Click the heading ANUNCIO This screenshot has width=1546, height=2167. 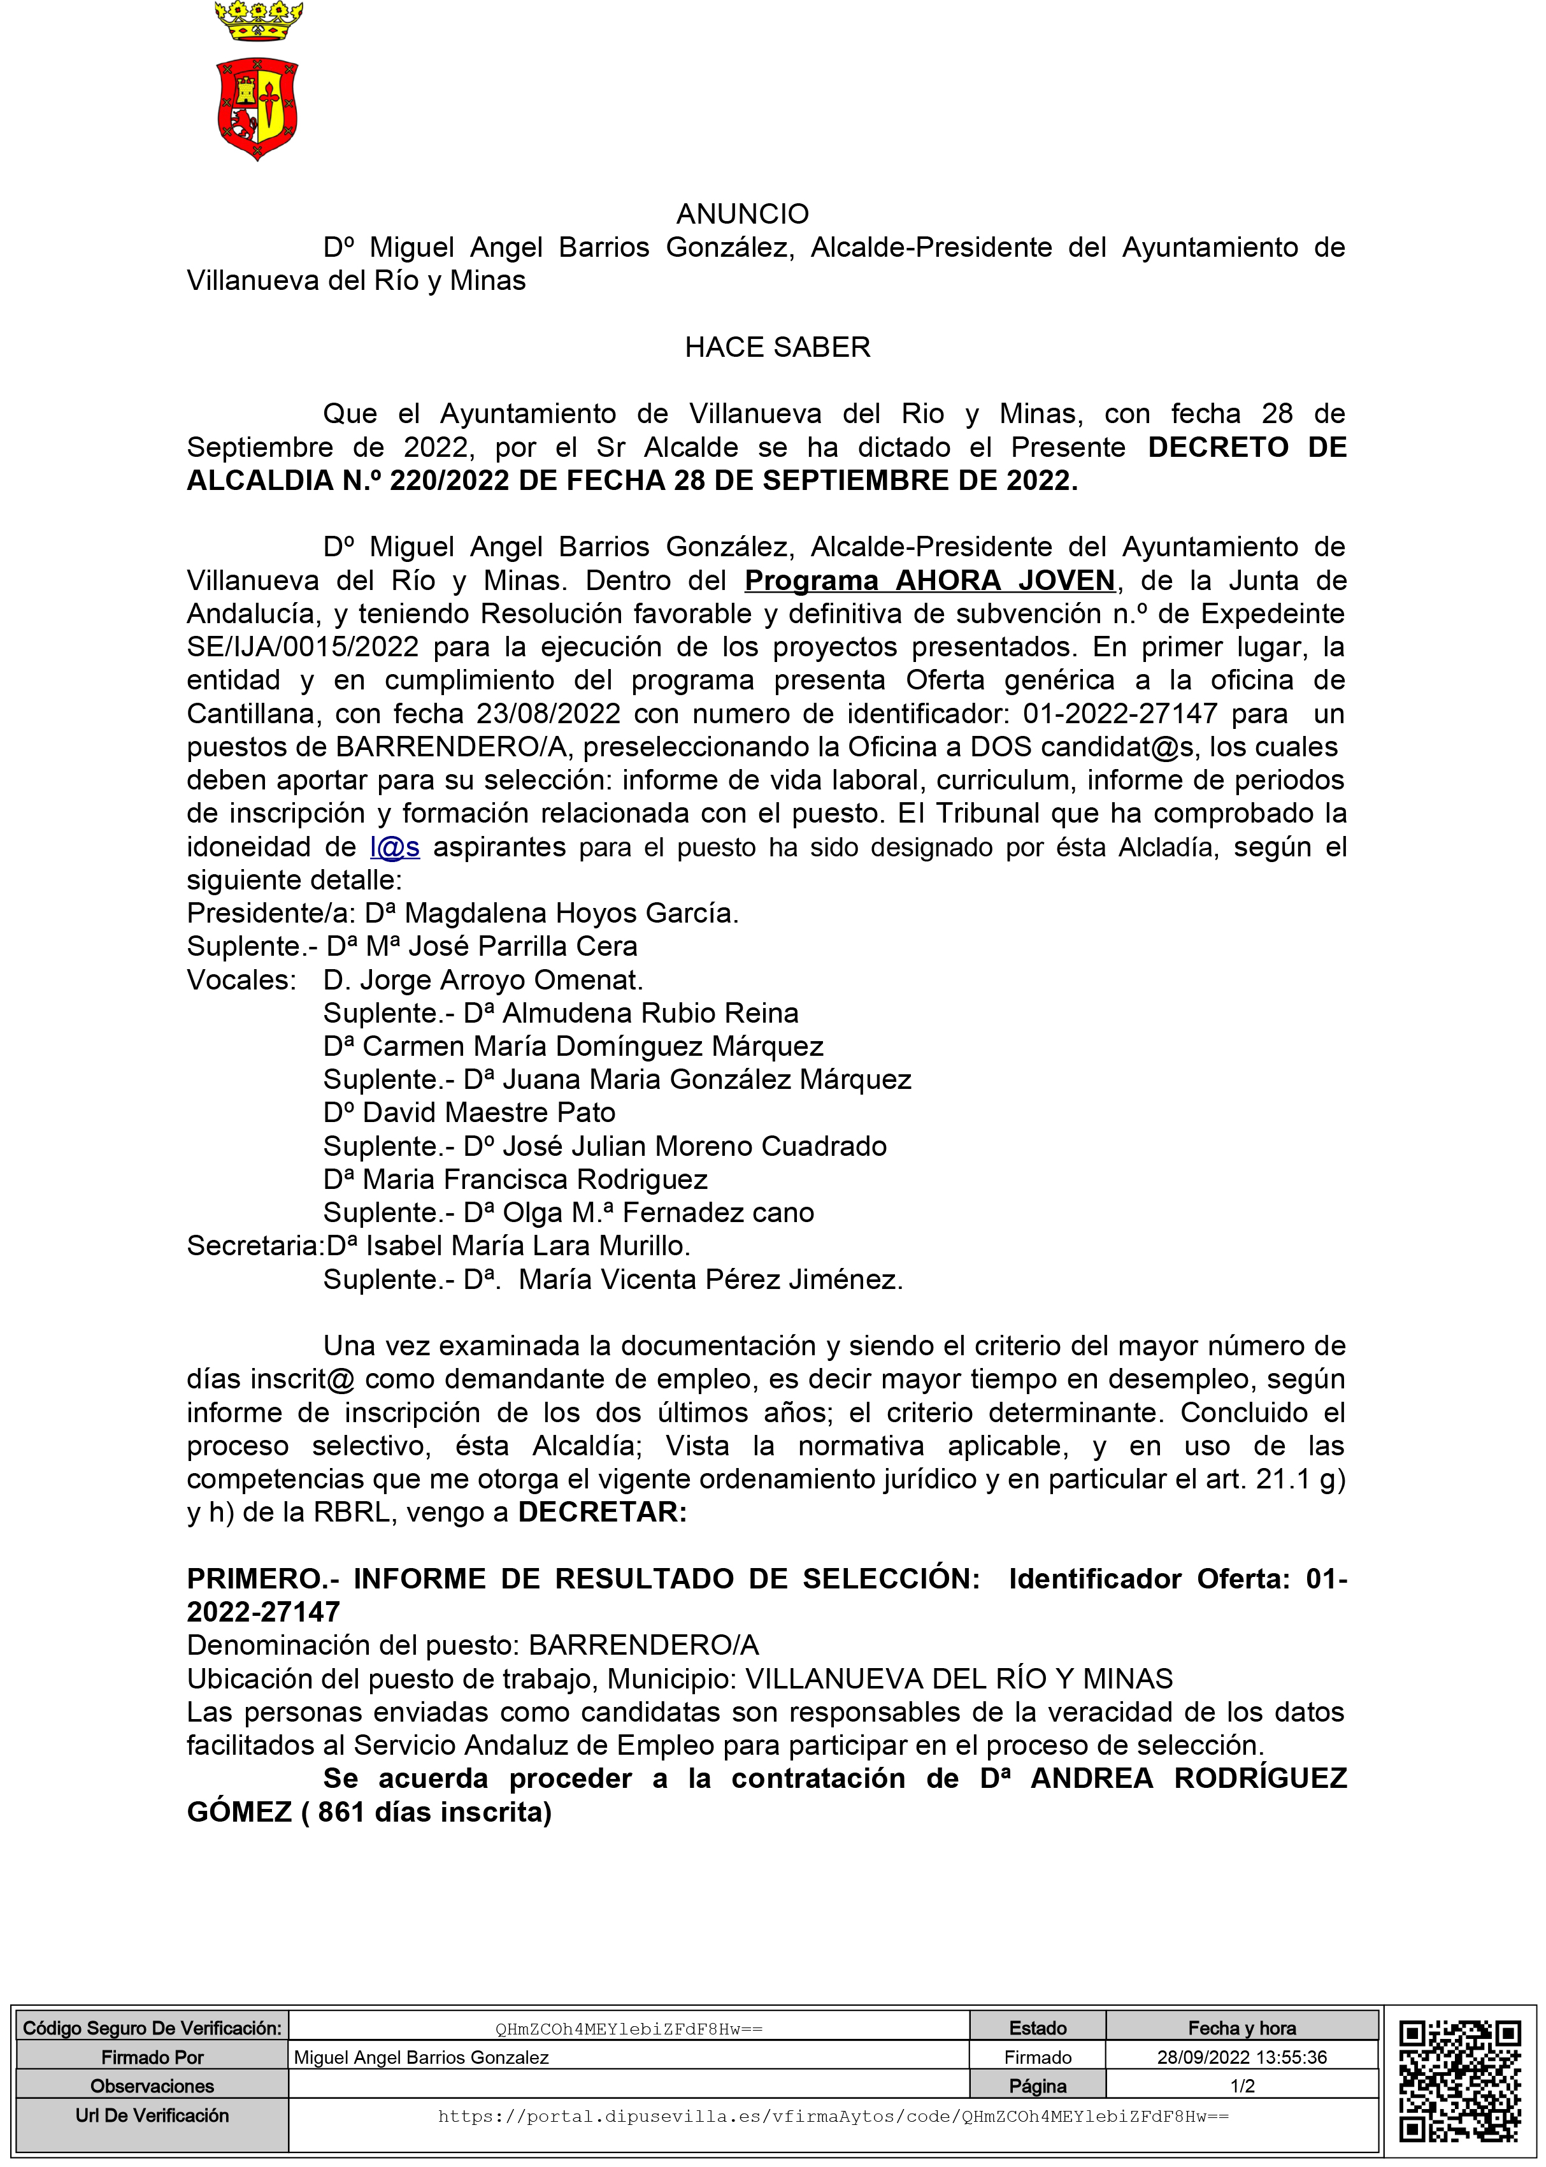(743, 213)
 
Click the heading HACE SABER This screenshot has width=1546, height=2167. (777, 347)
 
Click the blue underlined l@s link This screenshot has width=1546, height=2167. (394, 846)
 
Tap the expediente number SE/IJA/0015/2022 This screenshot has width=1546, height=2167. (303, 647)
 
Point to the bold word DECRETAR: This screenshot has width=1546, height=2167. (601, 1512)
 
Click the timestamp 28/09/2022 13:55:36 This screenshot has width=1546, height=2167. (1242, 2057)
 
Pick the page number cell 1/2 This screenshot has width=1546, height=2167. (1242, 2086)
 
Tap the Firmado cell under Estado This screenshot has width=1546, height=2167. (1038, 2057)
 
